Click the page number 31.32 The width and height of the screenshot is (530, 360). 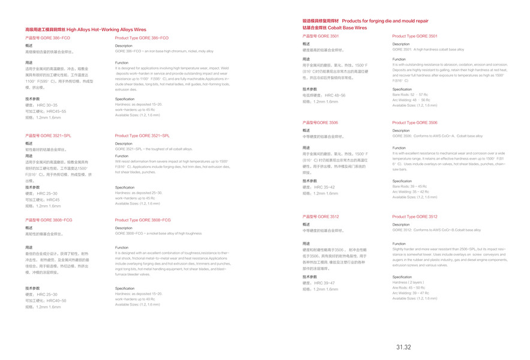(x=403, y=347)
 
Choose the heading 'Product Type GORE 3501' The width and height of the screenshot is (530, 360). (x=415, y=36)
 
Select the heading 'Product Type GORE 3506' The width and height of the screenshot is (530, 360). (x=415, y=122)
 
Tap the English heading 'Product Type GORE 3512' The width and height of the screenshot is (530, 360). (x=415, y=217)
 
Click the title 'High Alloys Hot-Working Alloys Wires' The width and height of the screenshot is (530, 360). (x=106, y=29)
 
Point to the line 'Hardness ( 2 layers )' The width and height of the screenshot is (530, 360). (x=408, y=282)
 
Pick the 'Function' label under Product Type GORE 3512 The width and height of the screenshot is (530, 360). (x=399, y=242)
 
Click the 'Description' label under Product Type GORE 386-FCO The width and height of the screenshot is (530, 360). (x=124, y=46)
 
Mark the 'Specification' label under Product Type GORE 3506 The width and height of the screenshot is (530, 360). (x=402, y=181)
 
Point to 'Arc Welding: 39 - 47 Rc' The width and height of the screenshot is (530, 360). (x=411, y=293)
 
